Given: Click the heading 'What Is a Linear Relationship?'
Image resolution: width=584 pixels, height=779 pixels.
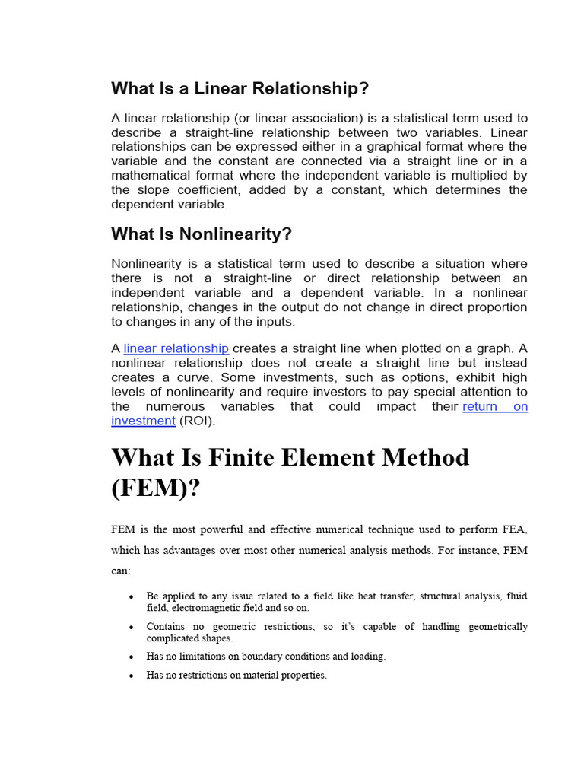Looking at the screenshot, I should [240, 88].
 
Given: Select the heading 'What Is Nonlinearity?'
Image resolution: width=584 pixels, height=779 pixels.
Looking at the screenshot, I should [202, 234].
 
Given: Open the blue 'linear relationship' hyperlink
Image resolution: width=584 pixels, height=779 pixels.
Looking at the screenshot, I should [176, 348].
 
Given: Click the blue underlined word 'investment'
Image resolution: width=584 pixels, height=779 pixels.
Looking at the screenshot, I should [143, 421].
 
